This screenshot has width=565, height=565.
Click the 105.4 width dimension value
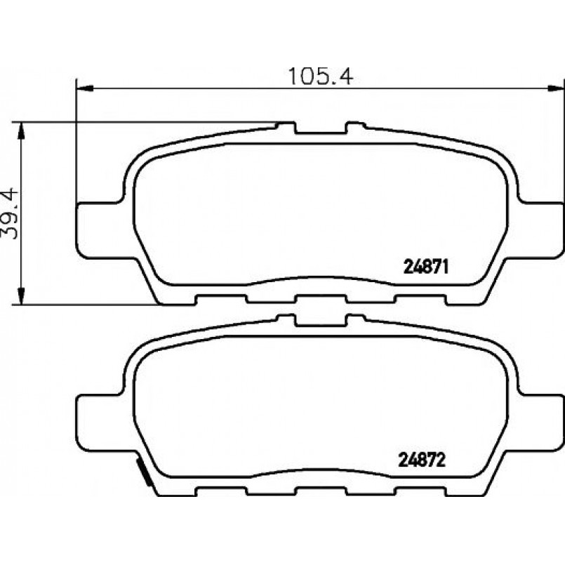[x=320, y=76]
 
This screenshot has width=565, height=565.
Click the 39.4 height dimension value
[x=10, y=213]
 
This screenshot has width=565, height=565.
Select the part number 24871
[x=426, y=267]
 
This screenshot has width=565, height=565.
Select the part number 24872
[x=422, y=460]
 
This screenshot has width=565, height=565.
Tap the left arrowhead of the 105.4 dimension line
[x=85, y=88]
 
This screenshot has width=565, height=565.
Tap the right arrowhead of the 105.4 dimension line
[x=556, y=88]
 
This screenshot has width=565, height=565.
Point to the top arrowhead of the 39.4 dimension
[x=21, y=131]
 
